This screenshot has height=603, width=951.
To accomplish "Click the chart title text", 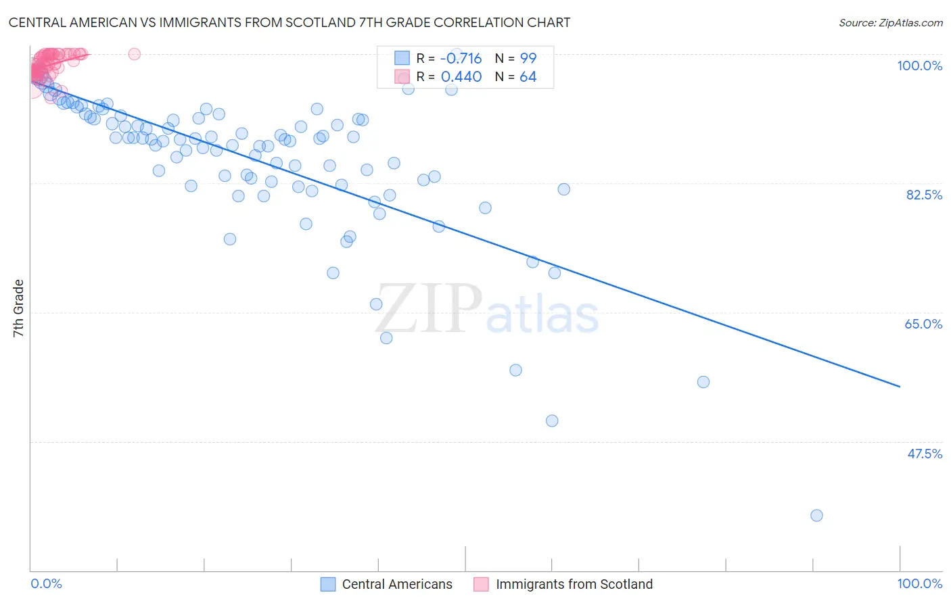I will coord(289,22).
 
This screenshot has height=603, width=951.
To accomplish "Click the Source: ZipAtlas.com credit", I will coord(890,22).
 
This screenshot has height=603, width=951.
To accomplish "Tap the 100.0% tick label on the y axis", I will coord(919,66).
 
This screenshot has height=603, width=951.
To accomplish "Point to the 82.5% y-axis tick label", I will coord(924,195).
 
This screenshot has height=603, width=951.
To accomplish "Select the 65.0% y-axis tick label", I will coord(923,324).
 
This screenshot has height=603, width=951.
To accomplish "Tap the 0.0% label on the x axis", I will coord(46,583).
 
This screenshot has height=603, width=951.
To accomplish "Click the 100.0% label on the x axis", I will coord(919,583).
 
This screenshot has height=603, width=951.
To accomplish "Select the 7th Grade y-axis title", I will coord(18,308).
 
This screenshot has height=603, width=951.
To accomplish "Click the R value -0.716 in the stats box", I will coord(461,58).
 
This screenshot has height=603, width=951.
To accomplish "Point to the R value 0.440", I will coord(461,77).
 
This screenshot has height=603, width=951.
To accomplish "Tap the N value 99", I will coord(528,58).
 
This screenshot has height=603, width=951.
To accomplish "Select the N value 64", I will coord(528,77).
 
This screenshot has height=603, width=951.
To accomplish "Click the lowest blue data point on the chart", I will coord(816,515).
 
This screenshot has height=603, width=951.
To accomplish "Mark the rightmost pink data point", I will coord(134,54).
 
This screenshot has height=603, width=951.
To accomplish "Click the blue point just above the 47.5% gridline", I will coord(552,420).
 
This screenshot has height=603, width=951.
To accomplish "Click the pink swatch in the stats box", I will coord(402,77).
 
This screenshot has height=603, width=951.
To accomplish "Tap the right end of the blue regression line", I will coord(900,387).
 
